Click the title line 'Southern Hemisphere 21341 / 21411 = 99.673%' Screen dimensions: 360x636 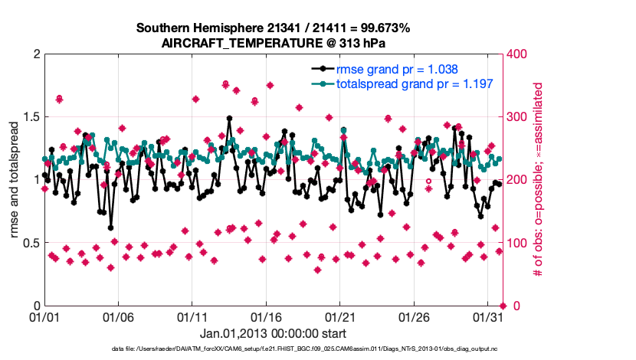(274, 28)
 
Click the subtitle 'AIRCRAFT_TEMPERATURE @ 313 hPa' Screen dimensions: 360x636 (274, 44)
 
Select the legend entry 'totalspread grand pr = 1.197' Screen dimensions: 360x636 (414, 83)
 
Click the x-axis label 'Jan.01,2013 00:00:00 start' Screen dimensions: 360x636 (273, 333)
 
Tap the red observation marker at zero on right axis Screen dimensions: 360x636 (503, 306)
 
